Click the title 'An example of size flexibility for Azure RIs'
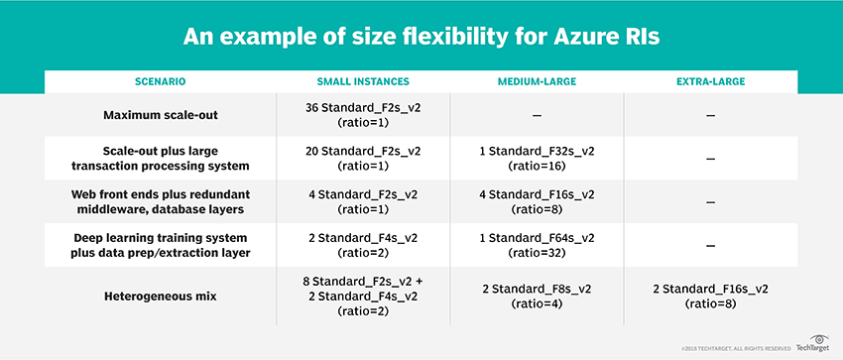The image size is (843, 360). [421, 38]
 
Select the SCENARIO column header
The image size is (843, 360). [146, 79]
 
